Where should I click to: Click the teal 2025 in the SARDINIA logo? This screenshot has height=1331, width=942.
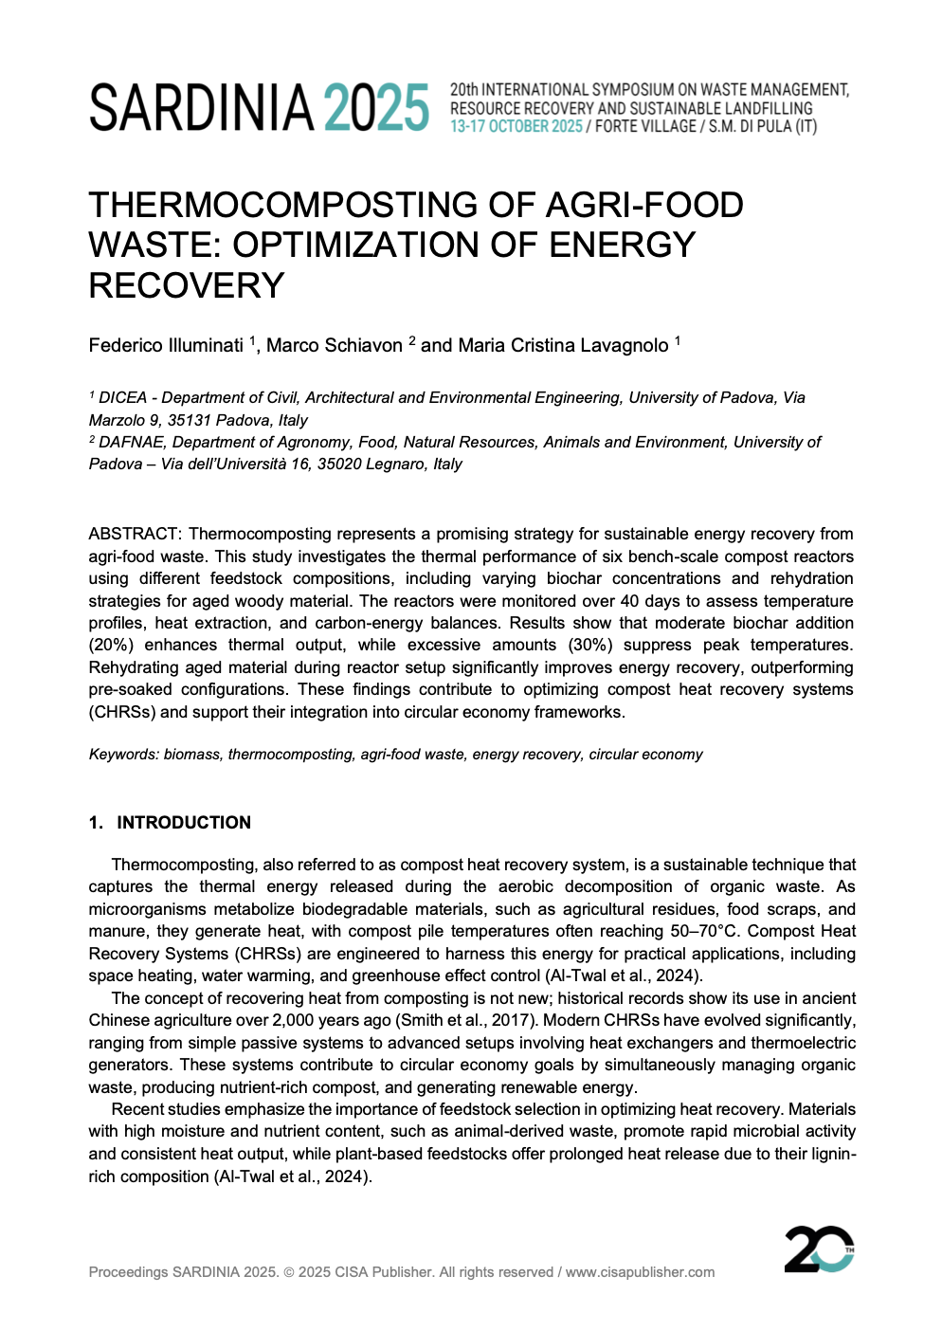(376, 108)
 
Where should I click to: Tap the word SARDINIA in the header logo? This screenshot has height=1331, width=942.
(201, 108)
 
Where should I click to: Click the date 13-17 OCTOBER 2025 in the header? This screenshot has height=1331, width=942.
(516, 127)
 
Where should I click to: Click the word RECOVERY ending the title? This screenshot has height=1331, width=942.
(187, 285)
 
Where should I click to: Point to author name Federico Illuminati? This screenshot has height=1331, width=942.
(166, 346)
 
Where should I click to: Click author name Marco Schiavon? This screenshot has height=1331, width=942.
(334, 346)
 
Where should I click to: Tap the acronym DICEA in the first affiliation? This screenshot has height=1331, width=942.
(123, 398)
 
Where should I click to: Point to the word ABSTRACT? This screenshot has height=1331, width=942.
(135, 535)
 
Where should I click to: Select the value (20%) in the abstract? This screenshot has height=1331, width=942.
(111, 646)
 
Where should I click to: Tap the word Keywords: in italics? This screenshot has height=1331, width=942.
(124, 755)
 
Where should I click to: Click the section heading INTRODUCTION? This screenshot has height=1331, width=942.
(184, 823)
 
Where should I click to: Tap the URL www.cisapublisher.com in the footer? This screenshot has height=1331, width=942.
(640, 1272)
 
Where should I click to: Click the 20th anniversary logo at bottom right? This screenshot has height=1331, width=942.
(819, 1249)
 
